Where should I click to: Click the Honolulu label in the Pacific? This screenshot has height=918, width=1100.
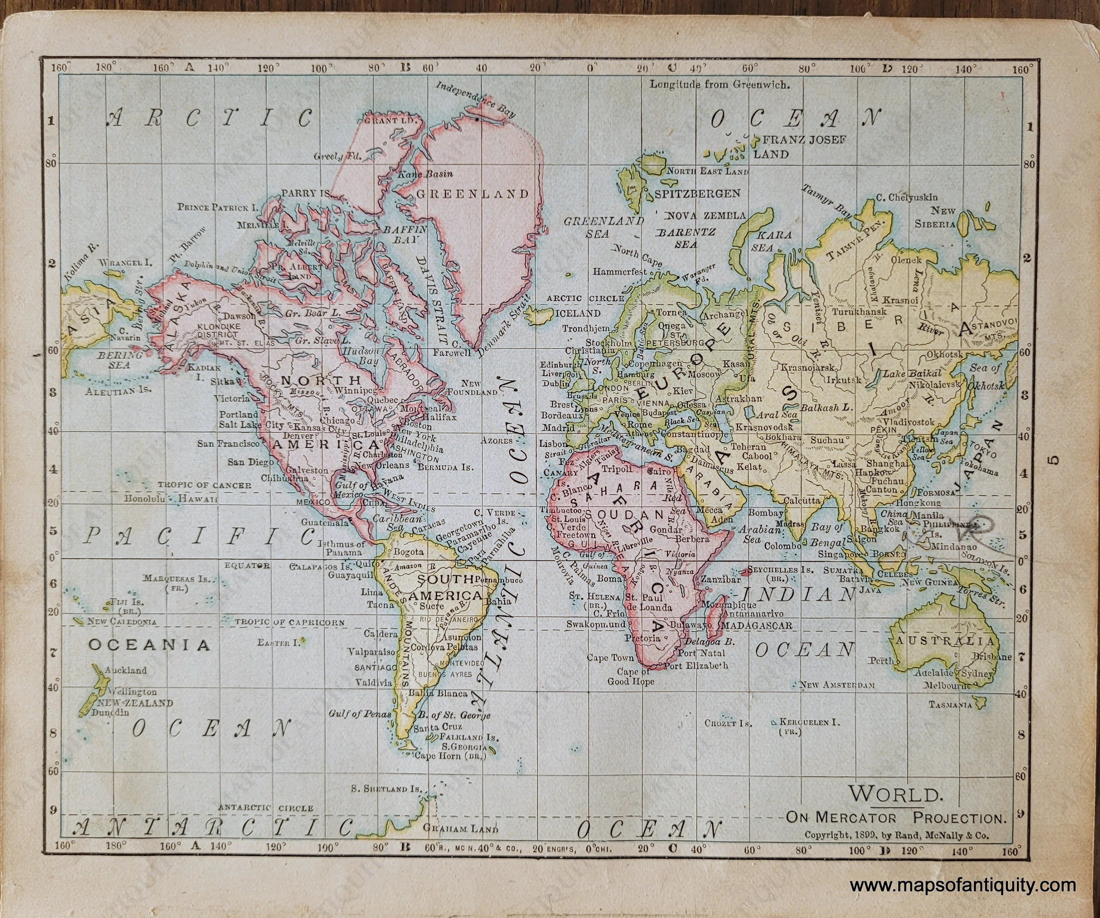pos(144,499)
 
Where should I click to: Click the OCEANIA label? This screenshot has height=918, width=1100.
pos(149,645)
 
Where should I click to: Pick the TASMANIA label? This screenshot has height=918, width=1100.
pos(951,705)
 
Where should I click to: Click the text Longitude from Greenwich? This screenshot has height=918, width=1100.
pos(719,84)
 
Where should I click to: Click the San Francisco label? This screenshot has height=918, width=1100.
pos(228,444)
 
